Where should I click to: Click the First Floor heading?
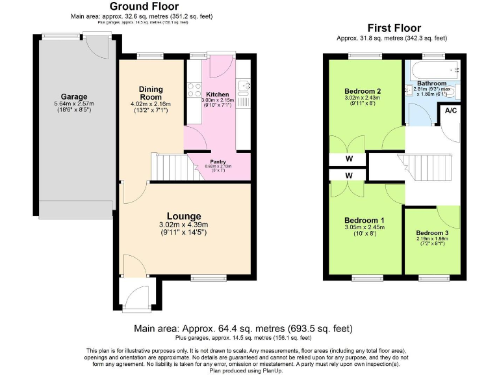pyautogui.click(x=394, y=28)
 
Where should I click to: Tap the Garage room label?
pyautogui.click(x=74, y=97)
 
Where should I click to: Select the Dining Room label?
pyautogui.click(x=151, y=93)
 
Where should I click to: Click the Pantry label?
pyautogui.click(x=217, y=161)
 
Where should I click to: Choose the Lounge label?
pyautogui.click(x=183, y=216)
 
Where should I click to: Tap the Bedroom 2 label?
pyautogui.click(x=362, y=90)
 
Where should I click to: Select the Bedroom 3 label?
pyautogui.click(x=432, y=232)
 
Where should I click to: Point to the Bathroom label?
pyautogui.click(x=431, y=83)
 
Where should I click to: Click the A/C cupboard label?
pyautogui.click(x=451, y=111)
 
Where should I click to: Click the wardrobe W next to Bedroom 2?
pyautogui.click(x=349, y=158)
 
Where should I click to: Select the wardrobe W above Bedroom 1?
pyautogui.click(x=349, y=175)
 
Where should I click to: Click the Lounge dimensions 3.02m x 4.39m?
pyautogui.click(x=183, y=225)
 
